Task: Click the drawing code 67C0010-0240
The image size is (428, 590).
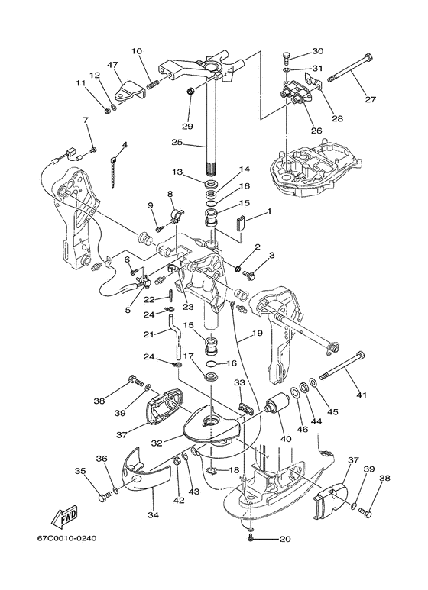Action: (66, 538)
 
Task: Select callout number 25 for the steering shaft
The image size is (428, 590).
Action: (177, 142)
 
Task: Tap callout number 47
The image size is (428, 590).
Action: (112, 65)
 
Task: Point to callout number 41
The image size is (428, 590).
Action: (362, 395)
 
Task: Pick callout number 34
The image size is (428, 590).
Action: (154, 514)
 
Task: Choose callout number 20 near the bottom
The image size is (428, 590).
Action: (285, 539)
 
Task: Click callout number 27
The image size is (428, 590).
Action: (371, 99)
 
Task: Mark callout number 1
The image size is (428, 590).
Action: (269, 211)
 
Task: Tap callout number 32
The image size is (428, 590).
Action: (157, 443)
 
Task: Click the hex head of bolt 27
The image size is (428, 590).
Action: (368, 58)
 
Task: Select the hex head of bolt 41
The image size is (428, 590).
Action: (360, 355)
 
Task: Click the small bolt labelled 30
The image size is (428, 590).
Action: (287, 58)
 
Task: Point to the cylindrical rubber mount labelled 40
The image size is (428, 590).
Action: (277, 403)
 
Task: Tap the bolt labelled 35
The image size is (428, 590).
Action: (105, 495)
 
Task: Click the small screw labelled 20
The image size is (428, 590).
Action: (251, 539)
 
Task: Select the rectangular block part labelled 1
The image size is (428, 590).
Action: (241, 221)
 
